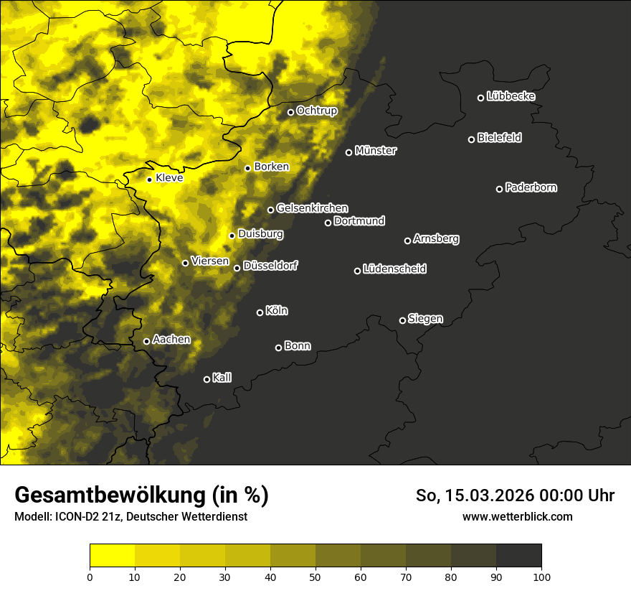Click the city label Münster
[376, 151]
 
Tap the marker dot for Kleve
[149, 180]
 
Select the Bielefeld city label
[499, 138]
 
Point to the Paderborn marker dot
[499, 189]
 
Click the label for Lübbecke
[511, 96]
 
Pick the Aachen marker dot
[146, 341]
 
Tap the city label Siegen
[425, 319]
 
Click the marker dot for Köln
[260, 312]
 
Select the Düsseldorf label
[270, 266]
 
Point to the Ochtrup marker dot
[290, 112]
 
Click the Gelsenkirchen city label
[312, 208]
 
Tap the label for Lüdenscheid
[394, 269]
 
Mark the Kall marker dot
[207, 379]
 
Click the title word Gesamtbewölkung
[110, 495]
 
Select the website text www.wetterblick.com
[518, 516]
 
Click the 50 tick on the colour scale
[315, 576]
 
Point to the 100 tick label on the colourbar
[541, 576]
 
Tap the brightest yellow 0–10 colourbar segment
[113, 556]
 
